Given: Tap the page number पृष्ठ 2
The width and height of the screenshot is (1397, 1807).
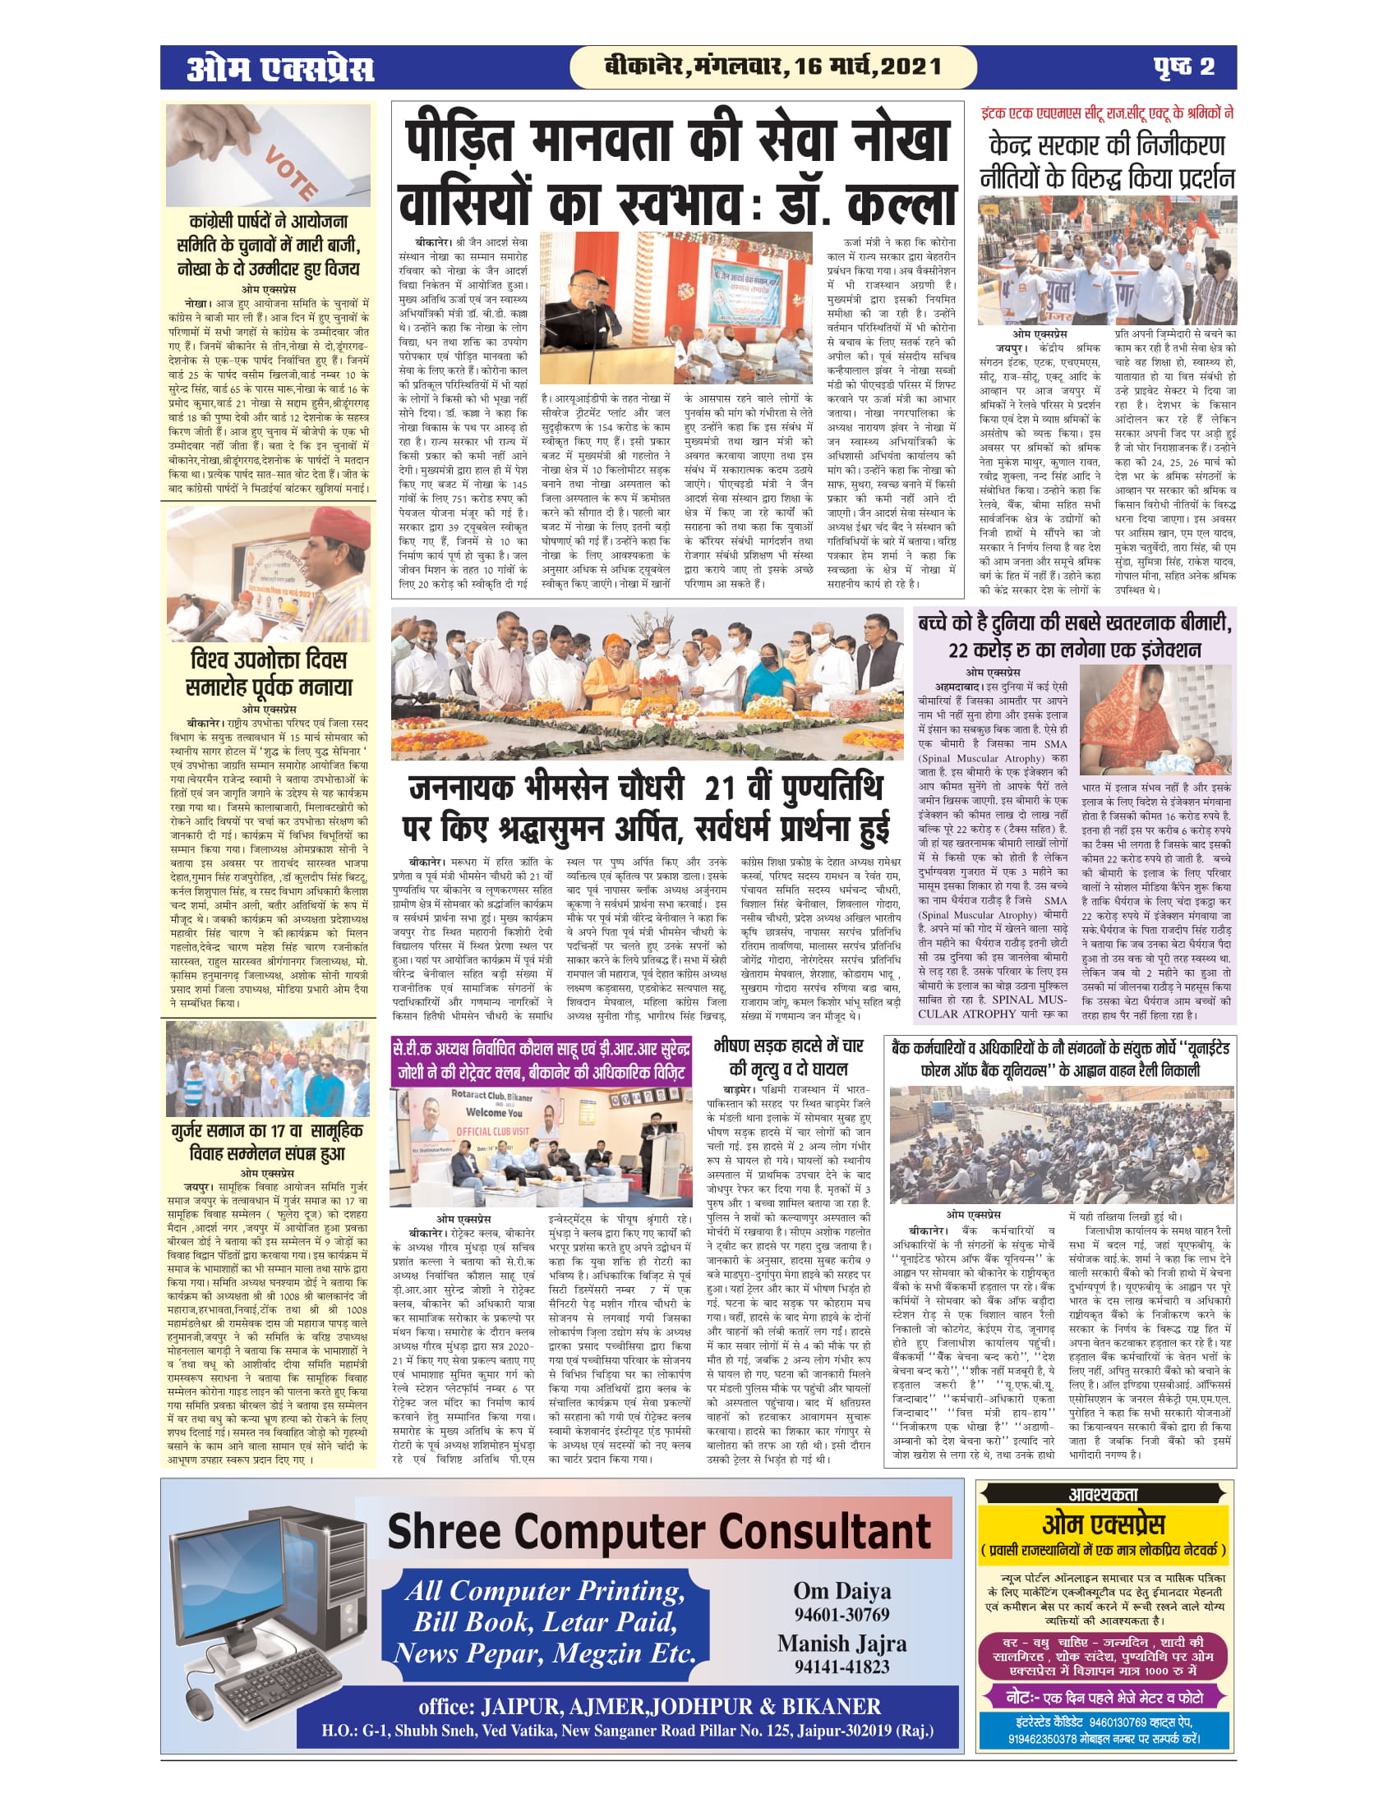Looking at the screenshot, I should [1184, 67].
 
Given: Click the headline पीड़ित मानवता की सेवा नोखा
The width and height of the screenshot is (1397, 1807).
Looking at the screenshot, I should [677, 140].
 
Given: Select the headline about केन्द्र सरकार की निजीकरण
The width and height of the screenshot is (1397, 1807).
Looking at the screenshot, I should [1107, 146].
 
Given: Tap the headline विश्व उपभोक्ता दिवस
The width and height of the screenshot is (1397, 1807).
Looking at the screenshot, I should [268, 660].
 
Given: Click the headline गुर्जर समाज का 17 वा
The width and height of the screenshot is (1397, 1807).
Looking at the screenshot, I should [268, 1130].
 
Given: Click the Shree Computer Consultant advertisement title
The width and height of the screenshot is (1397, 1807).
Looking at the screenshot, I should [660, 1532].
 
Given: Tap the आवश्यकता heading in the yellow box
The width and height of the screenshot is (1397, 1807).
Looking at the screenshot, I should [1103, 1493].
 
